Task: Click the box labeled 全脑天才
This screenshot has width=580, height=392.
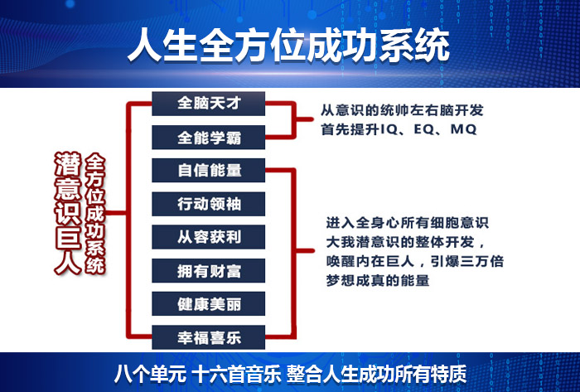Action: point(210,103)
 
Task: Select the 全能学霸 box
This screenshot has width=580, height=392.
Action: point(210,137)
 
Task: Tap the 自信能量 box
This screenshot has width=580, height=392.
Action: point(210,171)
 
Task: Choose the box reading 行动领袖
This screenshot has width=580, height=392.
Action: point(210,204)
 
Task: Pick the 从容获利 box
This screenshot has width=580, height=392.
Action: point(210,238)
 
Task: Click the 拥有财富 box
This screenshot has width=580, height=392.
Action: point(210,271)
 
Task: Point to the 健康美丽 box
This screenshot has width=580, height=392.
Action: point(210,304)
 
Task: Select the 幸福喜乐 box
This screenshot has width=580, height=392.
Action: point(210,338)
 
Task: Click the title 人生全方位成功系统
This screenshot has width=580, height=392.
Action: point(289,46)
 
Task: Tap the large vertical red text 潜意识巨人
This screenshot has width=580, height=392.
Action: point(67,211)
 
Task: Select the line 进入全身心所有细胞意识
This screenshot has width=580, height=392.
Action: point(407,222)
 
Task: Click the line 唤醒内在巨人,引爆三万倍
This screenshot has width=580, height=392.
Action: point(415,262)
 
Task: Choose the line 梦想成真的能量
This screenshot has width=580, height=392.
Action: point(377,282)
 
